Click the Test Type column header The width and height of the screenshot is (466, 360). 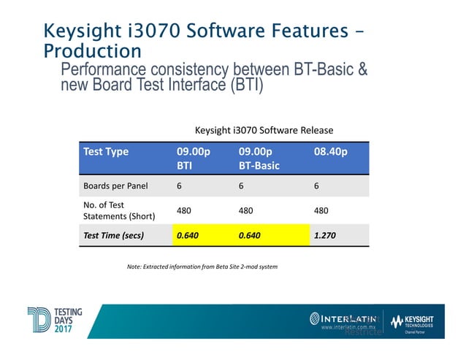pyautogui.click(x=107, y=152)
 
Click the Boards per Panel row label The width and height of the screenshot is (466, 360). pyautogui.click(x=116, y=185)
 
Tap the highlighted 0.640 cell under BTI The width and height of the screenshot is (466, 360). pyautogui.click(x=188, y=235)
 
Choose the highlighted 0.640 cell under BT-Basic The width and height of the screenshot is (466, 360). pyautogui.click(x=252, y=235)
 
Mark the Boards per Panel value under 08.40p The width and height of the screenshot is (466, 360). pyautogui.click(x=316, y=185)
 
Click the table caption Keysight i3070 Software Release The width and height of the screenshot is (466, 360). pyautogui.click(x=264, y=130)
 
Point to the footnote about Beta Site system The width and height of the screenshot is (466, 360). pyautogui.click(x=202, y=267)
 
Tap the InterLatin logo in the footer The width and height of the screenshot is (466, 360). pyautogui.click(x=343, y=319)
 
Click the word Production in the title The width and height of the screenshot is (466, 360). pyautogui.click(x=92, y=51)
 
